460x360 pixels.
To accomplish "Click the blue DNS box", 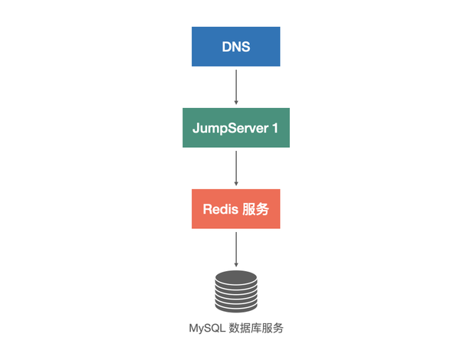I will [235, 46].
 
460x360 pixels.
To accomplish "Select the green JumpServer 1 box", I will [235, 127].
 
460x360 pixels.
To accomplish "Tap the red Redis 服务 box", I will [235, 208].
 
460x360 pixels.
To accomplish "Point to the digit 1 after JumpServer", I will [275, 128].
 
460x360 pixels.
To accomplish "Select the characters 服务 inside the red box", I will [255, 209].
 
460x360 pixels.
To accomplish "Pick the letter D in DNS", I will [225, 47].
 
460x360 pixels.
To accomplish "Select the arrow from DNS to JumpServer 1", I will [235, 85].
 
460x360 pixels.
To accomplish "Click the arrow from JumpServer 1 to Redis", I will [235, 166].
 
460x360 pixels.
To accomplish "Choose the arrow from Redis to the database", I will [235, 247].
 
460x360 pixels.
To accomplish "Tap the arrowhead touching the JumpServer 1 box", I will [235, 103].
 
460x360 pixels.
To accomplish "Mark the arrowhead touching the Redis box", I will [235, 184].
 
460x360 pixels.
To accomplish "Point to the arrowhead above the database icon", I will [235, 264].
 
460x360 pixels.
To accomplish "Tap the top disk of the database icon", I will [235, 277].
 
